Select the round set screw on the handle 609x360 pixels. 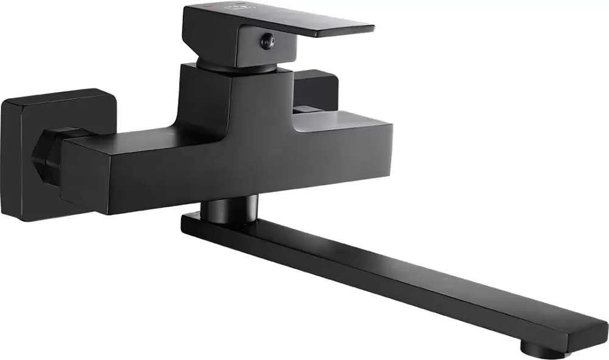[x=266, y=41]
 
